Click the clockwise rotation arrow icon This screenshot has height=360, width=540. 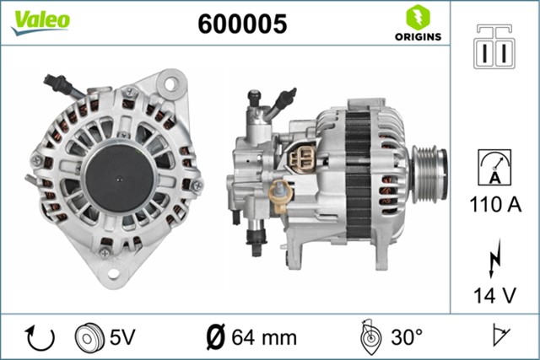pos(40,337)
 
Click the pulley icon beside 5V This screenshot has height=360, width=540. pos(87,337)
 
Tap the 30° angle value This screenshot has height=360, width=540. pos(406,338)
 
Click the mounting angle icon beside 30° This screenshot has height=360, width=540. pos(370,336)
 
